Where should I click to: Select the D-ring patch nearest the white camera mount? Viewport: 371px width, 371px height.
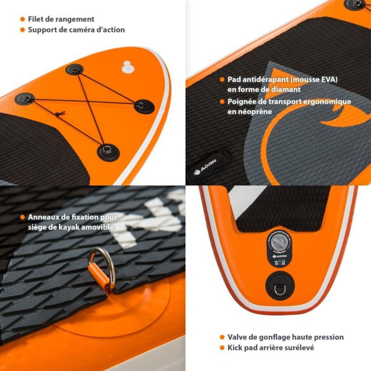(75, 70)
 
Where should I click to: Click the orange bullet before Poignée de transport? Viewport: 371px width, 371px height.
(222, 101)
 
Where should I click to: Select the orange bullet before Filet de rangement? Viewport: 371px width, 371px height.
(22, 19)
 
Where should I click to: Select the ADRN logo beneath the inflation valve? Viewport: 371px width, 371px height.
(277, 257)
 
